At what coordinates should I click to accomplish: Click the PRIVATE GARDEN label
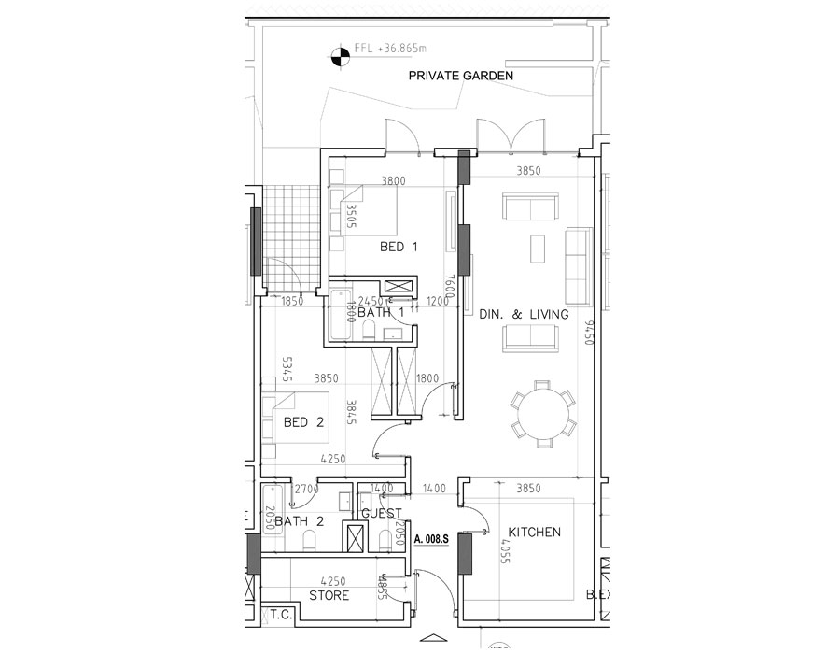tap(461, 77)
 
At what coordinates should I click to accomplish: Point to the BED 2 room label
tap(302, 422)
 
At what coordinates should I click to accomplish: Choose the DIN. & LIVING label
tap(523, 315)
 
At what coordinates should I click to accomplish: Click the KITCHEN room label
tap(534, 533)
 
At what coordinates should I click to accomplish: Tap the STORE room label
tap(329, 595)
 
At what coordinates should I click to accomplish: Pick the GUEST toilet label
tap(381, 514)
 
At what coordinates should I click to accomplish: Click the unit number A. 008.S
tap(432, 539)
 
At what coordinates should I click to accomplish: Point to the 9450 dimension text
tap(589, 332)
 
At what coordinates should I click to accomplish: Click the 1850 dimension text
tap(291, 301)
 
